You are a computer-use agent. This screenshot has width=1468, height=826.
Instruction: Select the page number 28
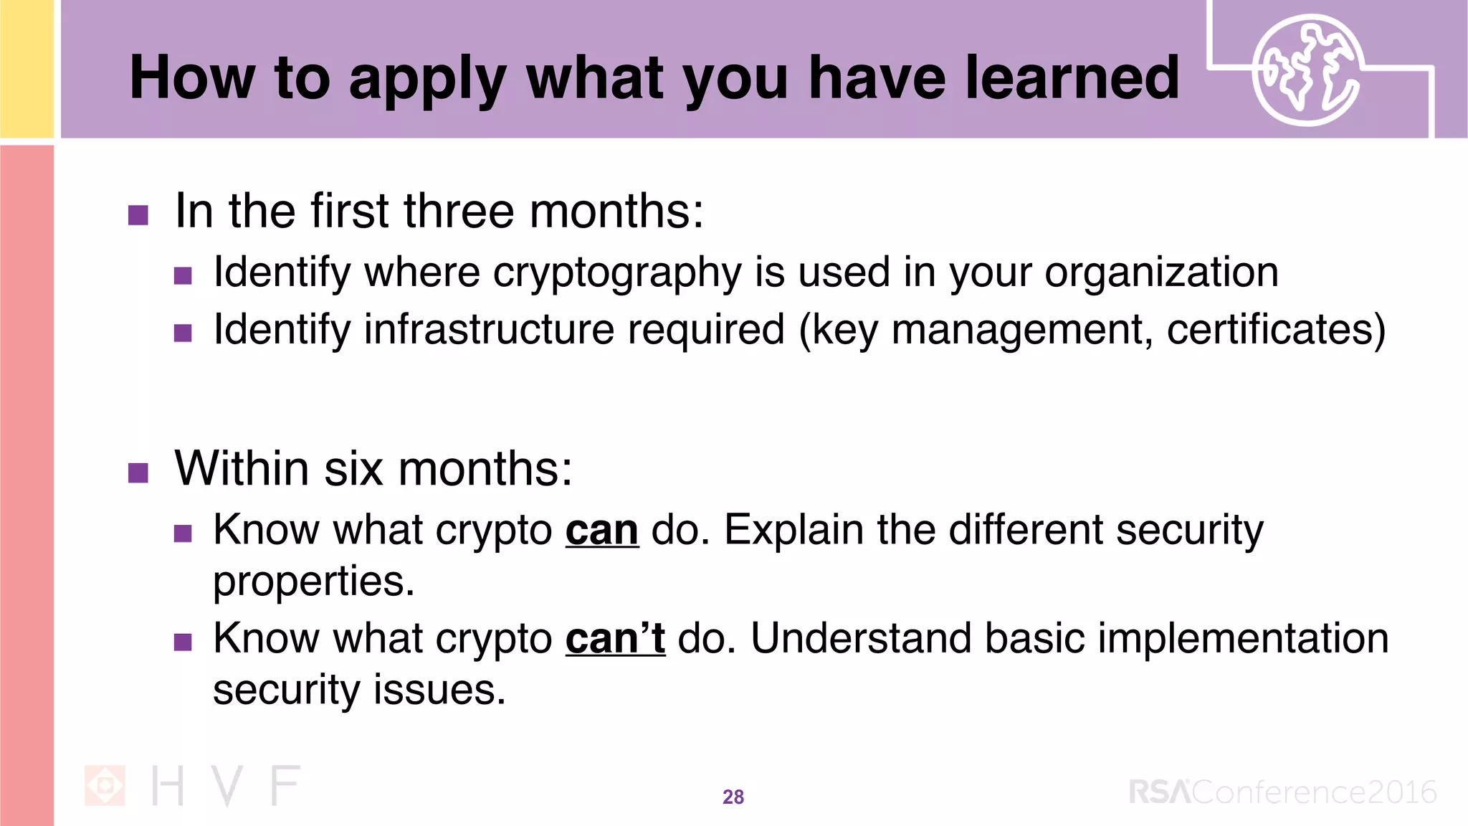pos(733,797)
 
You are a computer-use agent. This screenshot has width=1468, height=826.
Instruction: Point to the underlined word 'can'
pos(601,531)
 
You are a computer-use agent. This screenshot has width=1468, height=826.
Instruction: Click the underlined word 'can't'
pos(615,639)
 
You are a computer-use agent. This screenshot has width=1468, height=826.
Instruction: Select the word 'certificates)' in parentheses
pos(1276,330)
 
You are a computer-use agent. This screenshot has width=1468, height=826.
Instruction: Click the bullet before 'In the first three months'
pos(138,215)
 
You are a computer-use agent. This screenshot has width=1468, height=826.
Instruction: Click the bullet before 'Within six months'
pos(138,473)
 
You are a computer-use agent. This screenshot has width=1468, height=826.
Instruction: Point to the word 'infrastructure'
pos(489,330)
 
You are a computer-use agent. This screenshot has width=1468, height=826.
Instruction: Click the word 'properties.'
pos(314,581)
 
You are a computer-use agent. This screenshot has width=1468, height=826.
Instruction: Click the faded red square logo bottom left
pos(105,785)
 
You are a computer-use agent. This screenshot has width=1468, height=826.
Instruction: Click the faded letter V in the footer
pos(227,786)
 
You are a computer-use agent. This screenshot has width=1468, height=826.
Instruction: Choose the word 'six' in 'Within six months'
pos(353,469)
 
